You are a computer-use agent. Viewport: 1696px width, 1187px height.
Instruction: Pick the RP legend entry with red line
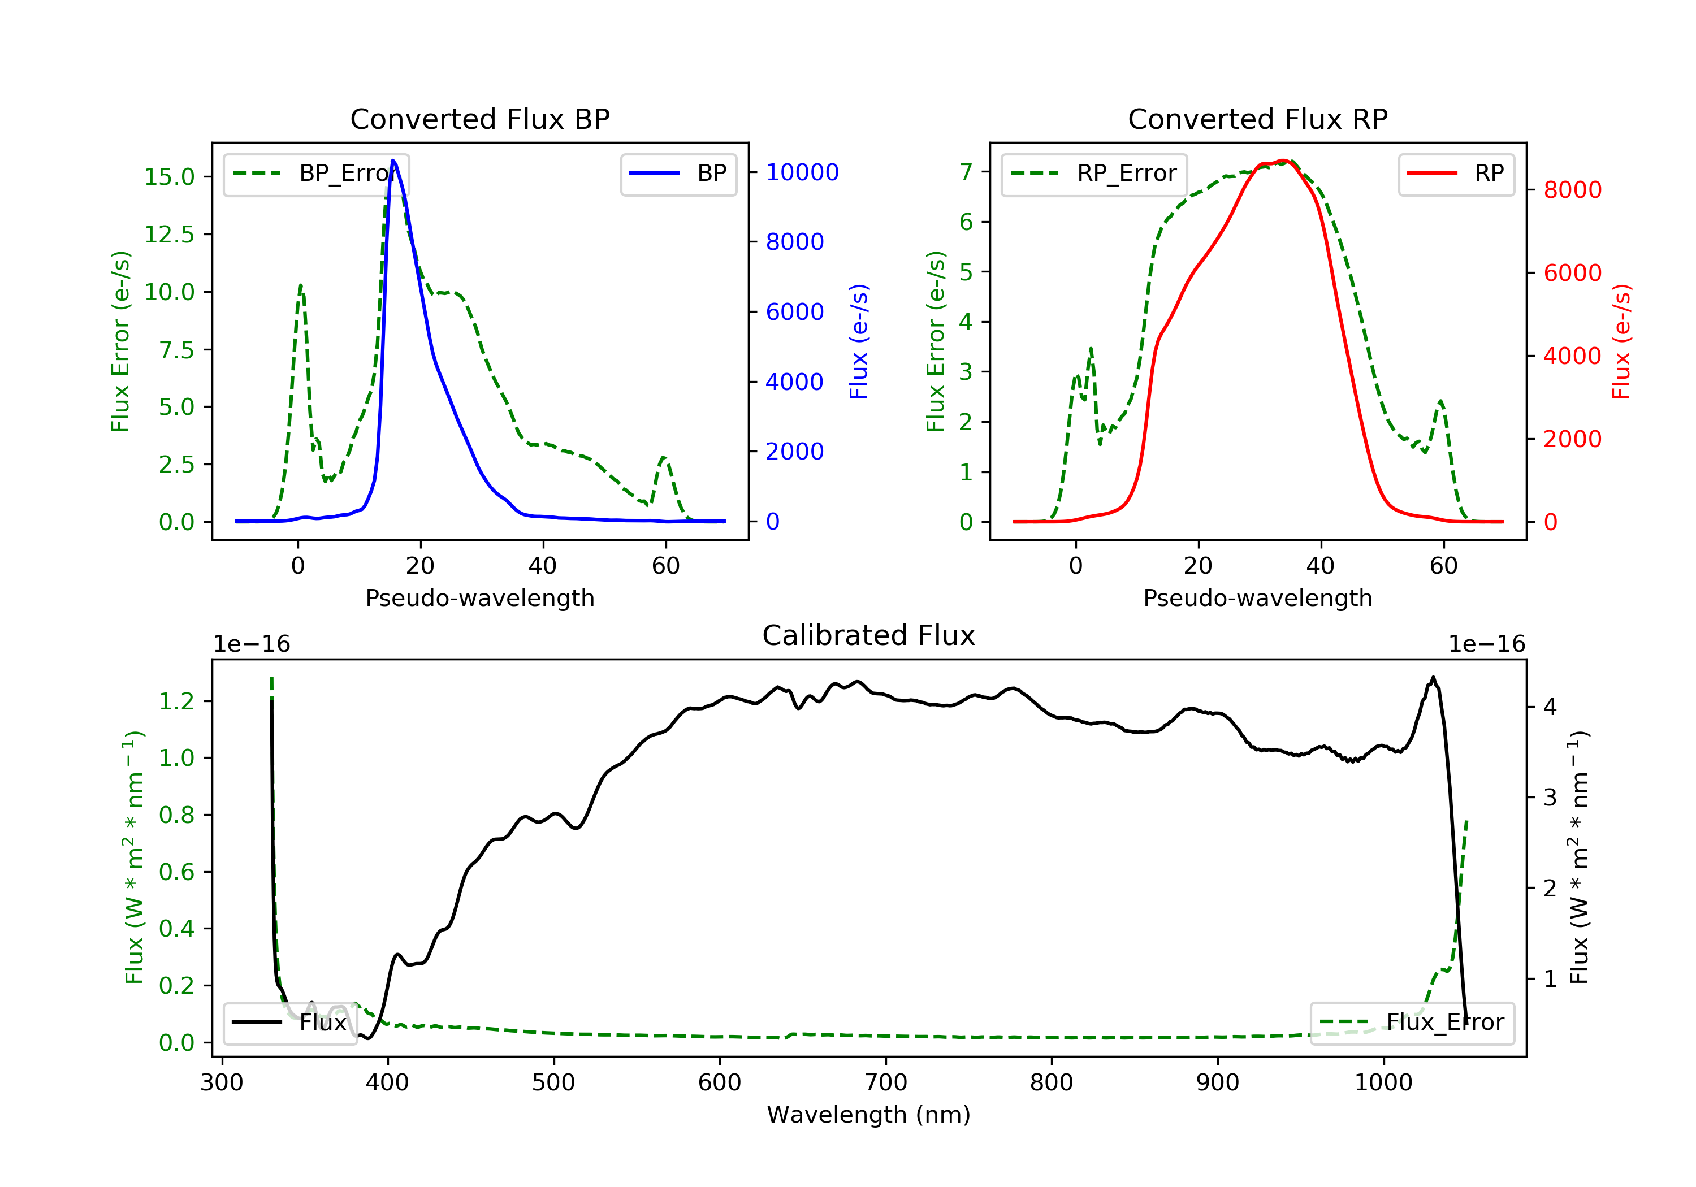pyautogui.click(x=1455, y=174)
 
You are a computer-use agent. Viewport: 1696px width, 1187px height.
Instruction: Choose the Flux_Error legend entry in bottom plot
pyautogui.click(x=1412, y=1023)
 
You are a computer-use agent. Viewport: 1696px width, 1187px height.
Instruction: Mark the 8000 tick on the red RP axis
pyautogui.click(x=1572, y=190)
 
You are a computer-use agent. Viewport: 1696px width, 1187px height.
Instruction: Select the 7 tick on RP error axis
pyautogui.click(x=966, y=172)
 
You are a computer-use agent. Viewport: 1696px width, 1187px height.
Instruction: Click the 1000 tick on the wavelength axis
pyautogui.click(x=1383, y=1083)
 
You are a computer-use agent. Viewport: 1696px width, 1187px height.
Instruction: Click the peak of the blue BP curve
pyautogui.click(x=393, y=161)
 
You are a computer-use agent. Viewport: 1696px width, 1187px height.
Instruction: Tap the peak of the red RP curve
pyautogui.click(x=1284, y=161)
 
